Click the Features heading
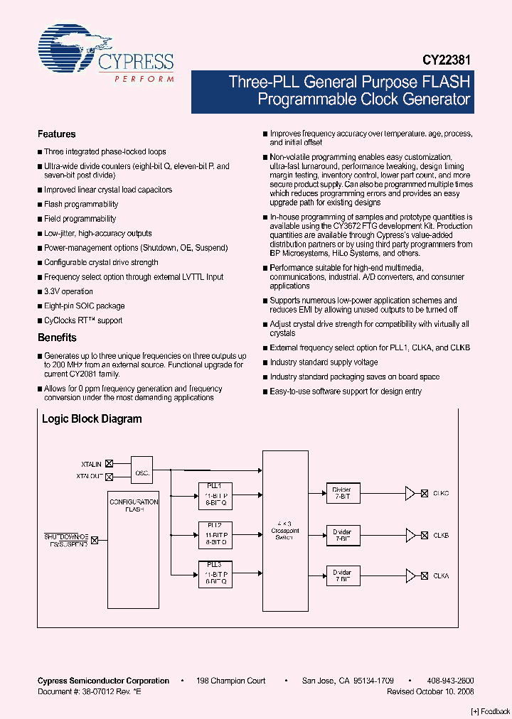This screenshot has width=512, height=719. pos(56,134)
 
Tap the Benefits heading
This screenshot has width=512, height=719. pos(57,338)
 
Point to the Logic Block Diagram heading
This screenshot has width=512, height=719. pos(92,419)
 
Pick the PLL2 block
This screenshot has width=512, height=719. pos(215,534)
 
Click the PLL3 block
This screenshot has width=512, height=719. pos(215,573)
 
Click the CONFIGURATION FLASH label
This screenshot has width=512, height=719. pos(134,505)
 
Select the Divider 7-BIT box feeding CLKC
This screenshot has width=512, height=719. pos(342,493)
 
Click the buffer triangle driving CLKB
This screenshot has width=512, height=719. pos(410,534)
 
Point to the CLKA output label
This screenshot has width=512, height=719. pos(441,576)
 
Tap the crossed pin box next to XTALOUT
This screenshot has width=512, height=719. pos(110,475)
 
